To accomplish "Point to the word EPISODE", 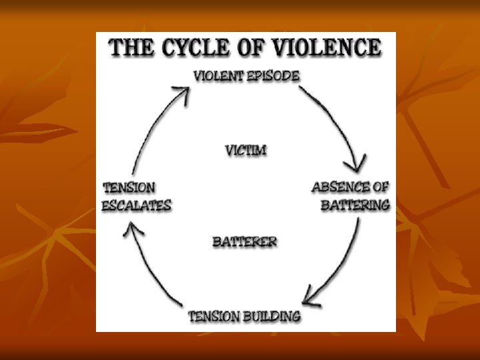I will (x=271, y=75).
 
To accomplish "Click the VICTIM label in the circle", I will (x=245, y=150).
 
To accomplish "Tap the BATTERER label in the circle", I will (x=245, y=241).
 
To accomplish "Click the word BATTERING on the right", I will (x=355, y=205).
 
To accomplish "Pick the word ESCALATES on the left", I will (x=136, y=205).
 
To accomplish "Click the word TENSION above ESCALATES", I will (x=129, y=188).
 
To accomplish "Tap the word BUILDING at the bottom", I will (x=272, y=315).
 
